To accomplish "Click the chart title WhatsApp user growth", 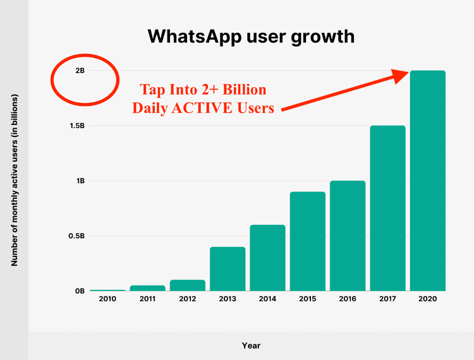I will click(x=251, y=36).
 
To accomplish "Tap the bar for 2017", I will click(x=387, y=208).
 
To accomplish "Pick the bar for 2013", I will click(x=228, y=268).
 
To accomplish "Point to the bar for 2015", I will click(x=308, y=241).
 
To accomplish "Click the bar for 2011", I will click(x=147, y=288).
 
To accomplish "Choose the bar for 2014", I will click(x=267, y=258).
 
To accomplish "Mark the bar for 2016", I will click(x=348, y=236).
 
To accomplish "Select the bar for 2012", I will click(x=188, y=285).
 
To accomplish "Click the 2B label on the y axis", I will click(x=80, y=71).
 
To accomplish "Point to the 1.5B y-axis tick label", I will click(x=76, y=126).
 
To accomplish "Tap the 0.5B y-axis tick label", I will click(x=76, y=236).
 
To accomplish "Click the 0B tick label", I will click(x=80, y=291).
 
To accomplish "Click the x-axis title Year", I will click(x=251, y=345).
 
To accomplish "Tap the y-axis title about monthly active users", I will click(x=14, y=179).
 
